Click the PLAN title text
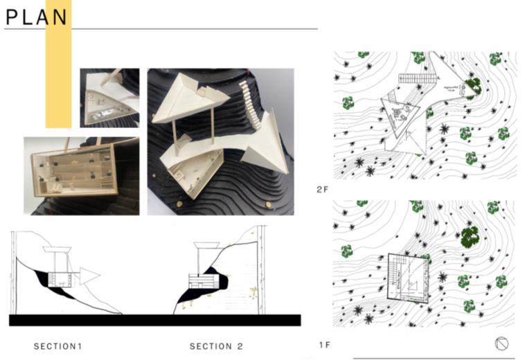pos(37,17)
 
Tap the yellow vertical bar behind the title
pos(58,76)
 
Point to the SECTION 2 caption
pos(216,345)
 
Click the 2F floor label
pos(322,189)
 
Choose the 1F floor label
pos(323,344)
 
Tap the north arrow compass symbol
pos(502,343)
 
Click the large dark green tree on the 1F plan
pos(470,236)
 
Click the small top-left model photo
pos(109,97)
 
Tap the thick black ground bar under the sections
pos(155,320)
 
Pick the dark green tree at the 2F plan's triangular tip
pos(473,86)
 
